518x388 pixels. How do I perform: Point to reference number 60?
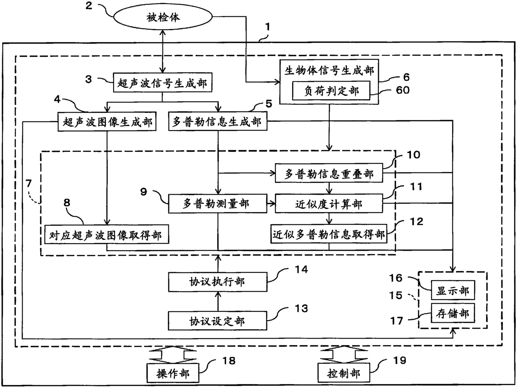tap(403, 90)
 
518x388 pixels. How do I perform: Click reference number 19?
tap(399, 360)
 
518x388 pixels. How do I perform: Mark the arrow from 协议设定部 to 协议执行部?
tap(218, 301)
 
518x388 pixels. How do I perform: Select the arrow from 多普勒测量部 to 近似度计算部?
tap(271, 203)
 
